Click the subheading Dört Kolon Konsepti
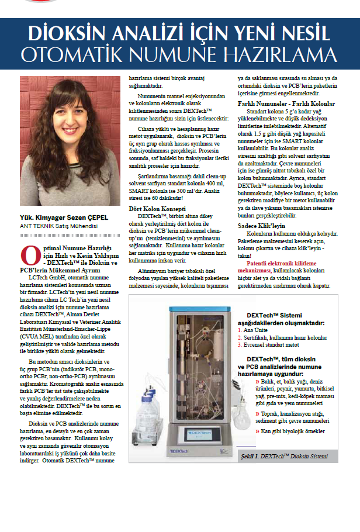pos(157,208)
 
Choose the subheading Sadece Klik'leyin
pos(261,224)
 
